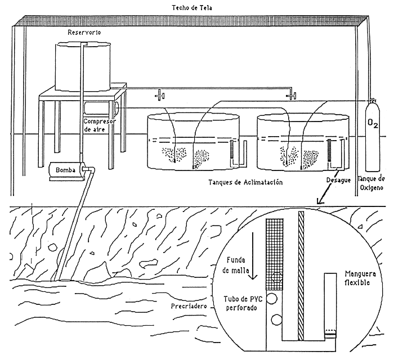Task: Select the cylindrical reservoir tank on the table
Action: coord(84,66)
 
